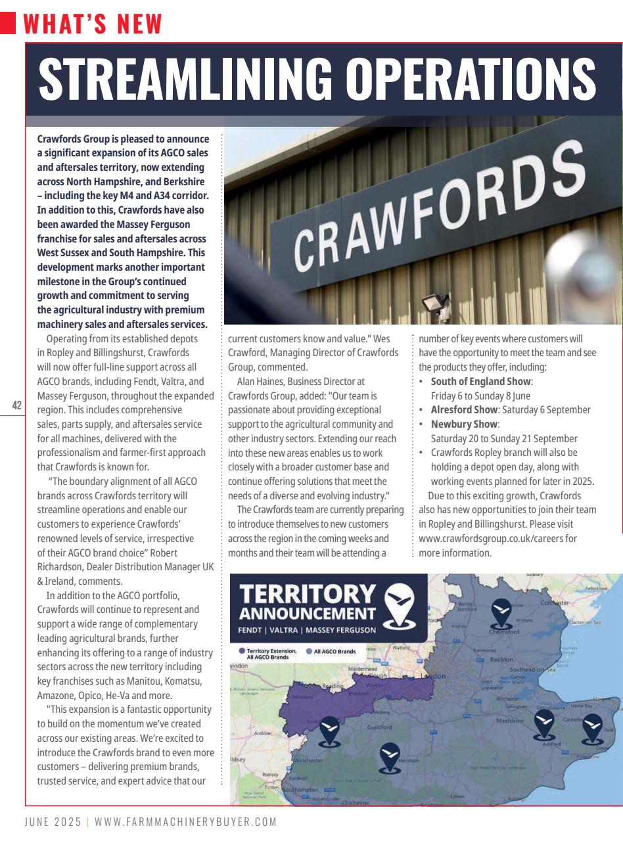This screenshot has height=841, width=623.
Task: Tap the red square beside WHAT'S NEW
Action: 8,24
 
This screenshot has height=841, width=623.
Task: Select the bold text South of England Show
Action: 481,382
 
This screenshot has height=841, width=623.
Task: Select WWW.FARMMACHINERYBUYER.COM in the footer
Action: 185,822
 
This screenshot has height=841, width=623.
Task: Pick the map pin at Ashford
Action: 543,723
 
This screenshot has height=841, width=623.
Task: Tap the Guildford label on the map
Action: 379,727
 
